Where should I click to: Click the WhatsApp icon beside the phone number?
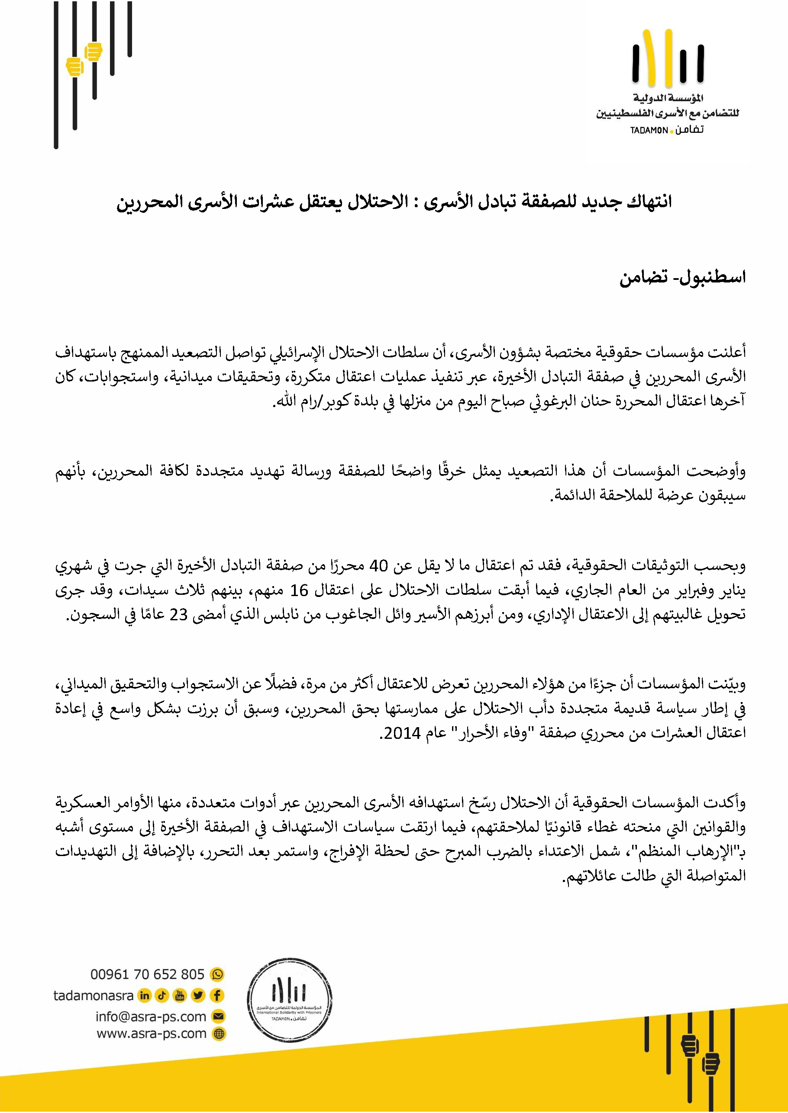click(217, 974)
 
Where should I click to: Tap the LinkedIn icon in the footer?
click(145, 995)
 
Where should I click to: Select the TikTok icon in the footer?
click(162, 995)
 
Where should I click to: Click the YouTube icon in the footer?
click(180, 995)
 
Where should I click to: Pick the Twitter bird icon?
click(198, 995)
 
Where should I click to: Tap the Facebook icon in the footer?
click(217, 995)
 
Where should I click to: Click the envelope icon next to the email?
click(219, 1016)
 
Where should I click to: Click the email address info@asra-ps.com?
click(151, 1016)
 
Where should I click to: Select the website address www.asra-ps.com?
click(152, 1033)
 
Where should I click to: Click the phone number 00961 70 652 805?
click(147, 974)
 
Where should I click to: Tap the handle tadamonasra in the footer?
click(93, 995)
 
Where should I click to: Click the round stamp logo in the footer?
click(289, 1000)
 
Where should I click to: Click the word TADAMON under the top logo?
click(649, 130)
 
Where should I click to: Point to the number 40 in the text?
click(378, 566)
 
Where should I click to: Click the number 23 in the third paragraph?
click(178, 615)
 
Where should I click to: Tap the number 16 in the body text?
click(299, 590)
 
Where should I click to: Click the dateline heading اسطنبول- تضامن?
click(682, 278)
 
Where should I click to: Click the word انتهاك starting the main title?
click(649, 202)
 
